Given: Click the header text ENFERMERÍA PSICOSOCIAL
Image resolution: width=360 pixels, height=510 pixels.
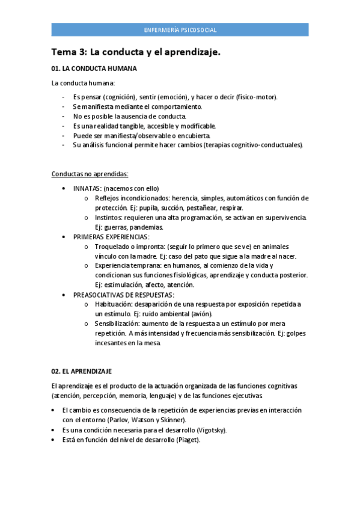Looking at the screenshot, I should [180, 29].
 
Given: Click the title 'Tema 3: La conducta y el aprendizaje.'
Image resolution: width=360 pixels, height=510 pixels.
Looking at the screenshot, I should [136, 52].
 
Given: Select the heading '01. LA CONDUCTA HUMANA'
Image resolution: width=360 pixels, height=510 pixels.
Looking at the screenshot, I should [94, 69].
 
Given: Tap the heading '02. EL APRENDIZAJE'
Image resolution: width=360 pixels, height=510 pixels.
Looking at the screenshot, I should [82, 371].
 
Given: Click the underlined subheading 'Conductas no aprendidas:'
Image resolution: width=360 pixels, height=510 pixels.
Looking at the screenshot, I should [90, 174].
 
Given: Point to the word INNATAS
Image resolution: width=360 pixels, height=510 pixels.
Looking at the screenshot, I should [87, 188].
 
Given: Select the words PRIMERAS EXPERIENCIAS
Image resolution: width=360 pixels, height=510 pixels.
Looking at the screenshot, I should [111, 237].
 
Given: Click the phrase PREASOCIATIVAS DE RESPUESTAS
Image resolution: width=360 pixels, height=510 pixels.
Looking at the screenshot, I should [124, 295].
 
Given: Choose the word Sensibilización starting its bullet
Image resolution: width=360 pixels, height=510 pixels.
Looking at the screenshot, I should [118, 324].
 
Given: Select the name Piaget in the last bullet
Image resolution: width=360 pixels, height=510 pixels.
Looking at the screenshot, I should [187, 440].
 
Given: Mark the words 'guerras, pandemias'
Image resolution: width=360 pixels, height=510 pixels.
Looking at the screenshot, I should [126, 227].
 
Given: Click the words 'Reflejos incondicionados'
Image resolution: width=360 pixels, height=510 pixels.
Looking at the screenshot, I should [132, 198].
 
